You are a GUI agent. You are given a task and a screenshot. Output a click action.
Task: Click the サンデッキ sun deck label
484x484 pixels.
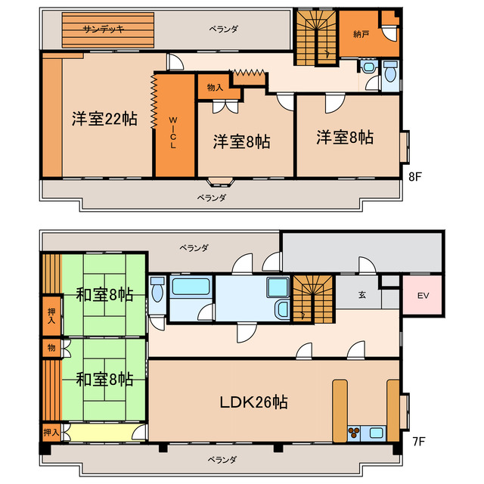pos(104,29)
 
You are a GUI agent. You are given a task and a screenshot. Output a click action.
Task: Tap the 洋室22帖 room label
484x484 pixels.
pos(104,119)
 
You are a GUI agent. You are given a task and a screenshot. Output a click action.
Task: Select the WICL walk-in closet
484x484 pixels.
pos(175,126)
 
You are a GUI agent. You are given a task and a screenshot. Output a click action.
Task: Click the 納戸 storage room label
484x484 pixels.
pos(361,34)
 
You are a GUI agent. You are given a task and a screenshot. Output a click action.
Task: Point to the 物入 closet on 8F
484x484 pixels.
pos(215,87)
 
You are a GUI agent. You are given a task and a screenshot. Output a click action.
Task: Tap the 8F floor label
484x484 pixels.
pos(415,176)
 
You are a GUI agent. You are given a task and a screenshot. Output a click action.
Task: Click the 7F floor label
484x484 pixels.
pos(419,442)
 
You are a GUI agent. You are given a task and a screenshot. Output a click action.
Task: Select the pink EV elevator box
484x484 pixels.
pos(423,295)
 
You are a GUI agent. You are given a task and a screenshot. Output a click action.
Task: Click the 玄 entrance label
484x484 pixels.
pos(362,295)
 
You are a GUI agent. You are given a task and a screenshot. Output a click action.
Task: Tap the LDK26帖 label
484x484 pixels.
pos(254,402)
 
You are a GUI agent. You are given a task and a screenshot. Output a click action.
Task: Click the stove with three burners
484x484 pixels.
pos(354,431)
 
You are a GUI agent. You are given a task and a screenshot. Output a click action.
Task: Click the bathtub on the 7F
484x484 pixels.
pos(191,286)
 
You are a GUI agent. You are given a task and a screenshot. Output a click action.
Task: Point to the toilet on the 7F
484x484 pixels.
pos(157,289)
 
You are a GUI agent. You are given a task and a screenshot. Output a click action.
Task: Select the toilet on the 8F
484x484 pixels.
pos(390,72)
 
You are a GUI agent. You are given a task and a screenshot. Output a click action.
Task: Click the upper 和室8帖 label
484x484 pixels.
pos(104,295)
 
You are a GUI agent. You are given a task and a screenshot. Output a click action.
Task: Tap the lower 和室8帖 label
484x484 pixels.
pos(104,380)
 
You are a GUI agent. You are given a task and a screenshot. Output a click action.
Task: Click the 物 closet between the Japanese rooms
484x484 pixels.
pos(51,348)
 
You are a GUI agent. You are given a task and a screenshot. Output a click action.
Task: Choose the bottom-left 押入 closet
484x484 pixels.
pos(51,432)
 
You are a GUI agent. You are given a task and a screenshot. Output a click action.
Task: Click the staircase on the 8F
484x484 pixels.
pos(316,38)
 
